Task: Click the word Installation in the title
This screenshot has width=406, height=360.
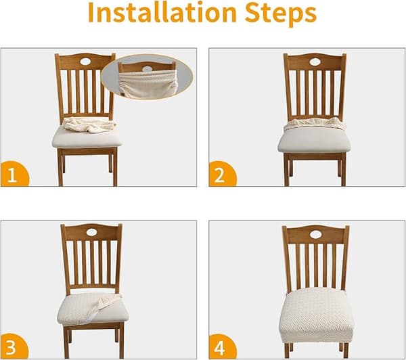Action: click(162, 12)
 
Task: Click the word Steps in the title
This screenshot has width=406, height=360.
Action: click(281, 14)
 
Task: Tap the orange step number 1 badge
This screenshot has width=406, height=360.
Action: click(14, 174)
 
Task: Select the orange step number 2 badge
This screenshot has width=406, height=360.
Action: click(222, 174)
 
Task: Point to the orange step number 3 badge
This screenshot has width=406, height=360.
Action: click(14, 346)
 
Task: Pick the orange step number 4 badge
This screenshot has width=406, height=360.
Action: click(222, 346)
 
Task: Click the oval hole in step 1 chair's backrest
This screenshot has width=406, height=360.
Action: click(85, 62)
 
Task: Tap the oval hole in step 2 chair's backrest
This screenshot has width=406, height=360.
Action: click(315, 62)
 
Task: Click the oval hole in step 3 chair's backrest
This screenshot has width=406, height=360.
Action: click(91, 232)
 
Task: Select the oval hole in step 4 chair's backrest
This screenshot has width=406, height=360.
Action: click(315, 235)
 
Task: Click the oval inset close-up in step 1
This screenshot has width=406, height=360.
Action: click(147, 77)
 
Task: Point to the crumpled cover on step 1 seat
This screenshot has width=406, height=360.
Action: click(90, 125)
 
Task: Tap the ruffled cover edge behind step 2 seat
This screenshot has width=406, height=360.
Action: click(315, 124)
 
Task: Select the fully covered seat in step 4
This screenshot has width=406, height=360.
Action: click(317, 315)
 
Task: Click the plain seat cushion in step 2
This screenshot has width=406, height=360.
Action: click(314, 140)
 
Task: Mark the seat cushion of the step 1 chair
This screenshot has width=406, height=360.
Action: click(87, 139)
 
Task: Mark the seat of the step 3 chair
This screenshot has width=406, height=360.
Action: click(93, 309)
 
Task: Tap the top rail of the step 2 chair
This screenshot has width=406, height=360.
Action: click(315, 62)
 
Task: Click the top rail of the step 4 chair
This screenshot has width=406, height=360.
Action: click(315, 234)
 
